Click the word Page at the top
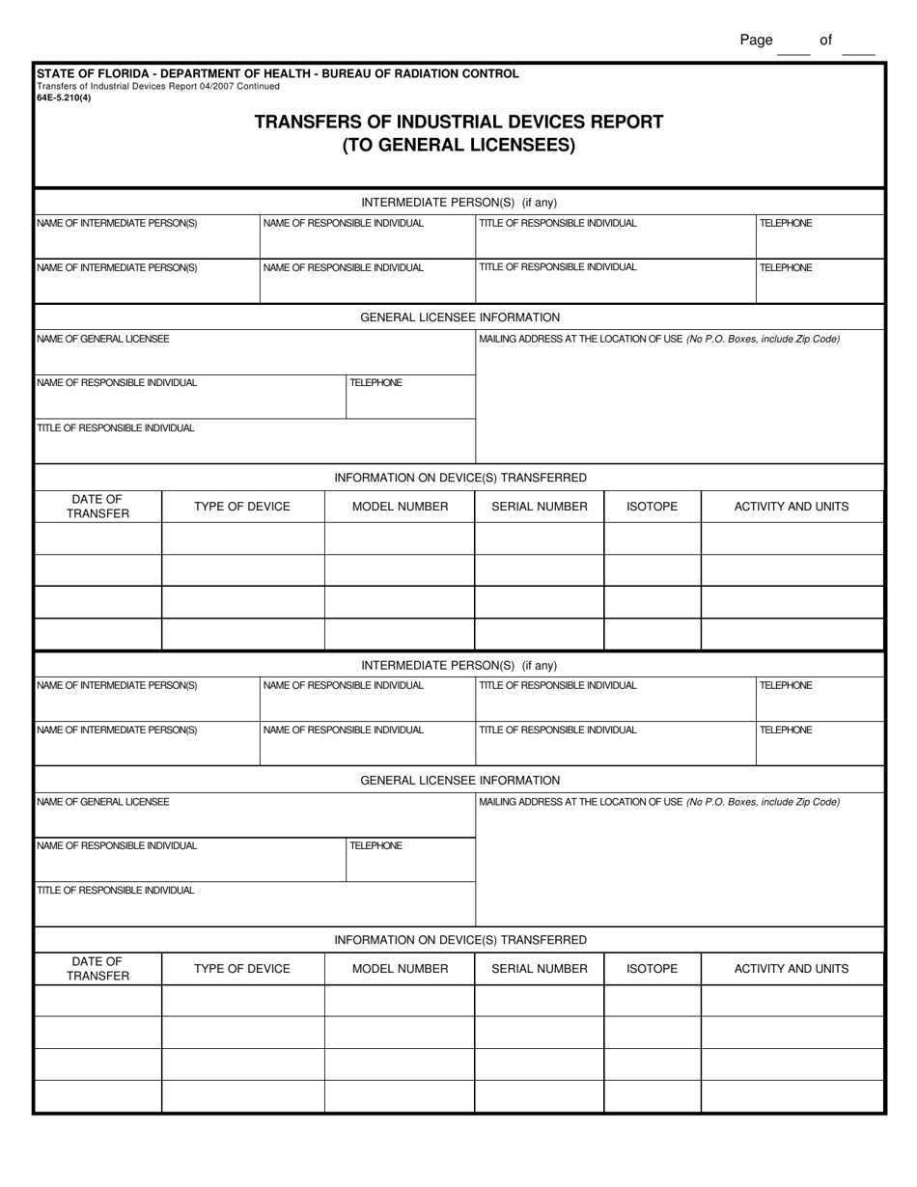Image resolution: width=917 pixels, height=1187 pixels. (x=756, y=41)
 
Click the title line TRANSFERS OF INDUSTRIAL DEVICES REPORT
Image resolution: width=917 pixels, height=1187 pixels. (x=458, y=123)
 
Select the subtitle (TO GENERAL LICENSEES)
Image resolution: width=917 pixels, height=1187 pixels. (x=458, y=147)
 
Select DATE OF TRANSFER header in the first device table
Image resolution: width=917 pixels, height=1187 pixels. (x=97, y=507)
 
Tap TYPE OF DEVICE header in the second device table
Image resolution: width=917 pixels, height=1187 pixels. (x=242, y=969)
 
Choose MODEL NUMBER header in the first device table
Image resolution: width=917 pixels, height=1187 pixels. (x=400, y=507)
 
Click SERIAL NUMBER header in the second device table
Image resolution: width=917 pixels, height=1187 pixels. (x=540, y=969)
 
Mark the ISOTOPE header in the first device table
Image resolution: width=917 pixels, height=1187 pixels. (x=653, y=507)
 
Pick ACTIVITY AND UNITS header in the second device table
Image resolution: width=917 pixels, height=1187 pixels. (x=792, y=969)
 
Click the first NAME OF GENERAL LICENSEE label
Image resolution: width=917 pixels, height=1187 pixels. (x=103, y=340)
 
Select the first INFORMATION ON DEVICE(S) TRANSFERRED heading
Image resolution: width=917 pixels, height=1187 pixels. (x=459, y=478)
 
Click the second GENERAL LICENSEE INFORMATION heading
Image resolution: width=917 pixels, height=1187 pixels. (x=459, y=780)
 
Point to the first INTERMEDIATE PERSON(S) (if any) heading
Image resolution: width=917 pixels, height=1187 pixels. (x=459, y=203)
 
